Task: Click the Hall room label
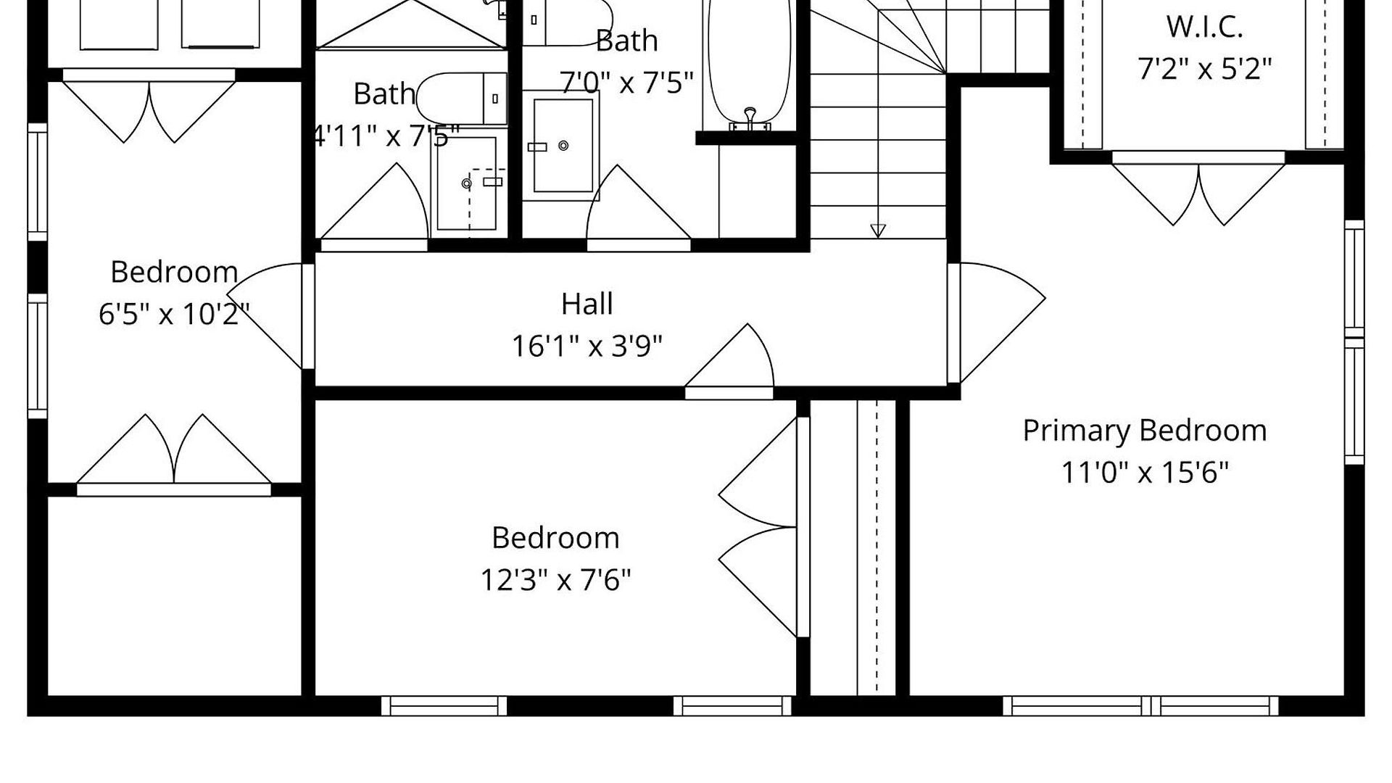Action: (587, 304)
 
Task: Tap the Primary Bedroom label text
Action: (1145, 431)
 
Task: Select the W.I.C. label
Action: (1204, 28)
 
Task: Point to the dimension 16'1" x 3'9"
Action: (587, 346)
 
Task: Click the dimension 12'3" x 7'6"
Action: (555, 580)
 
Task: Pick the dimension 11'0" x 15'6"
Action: (1145, 473)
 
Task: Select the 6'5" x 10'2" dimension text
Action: (174, 315)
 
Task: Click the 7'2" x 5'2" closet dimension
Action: (1204, 70)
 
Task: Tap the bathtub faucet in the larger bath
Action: (750, 119)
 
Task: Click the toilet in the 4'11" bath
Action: (461, 99)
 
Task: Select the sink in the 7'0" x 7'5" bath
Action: (562, 145)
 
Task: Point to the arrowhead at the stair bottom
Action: (878, 231)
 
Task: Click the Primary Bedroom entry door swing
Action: (997, 323)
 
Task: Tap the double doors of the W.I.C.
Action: (1198, 190)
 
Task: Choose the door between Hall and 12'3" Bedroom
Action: (729, 361)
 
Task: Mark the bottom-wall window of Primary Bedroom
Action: (1140, 705)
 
